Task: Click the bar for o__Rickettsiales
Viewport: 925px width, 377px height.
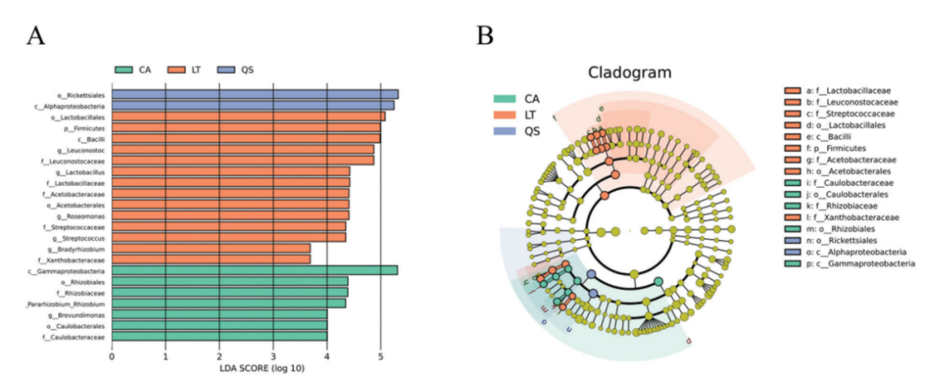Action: pos(254,94)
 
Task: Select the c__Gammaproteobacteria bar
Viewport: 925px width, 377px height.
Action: pos(254,270)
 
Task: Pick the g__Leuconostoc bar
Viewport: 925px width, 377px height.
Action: pos(242,149)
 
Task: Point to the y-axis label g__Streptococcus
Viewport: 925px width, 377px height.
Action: pos(83,237)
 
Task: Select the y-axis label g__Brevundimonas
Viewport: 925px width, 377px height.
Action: pos(81,314)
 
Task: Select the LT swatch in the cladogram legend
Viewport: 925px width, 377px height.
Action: pos(507,115)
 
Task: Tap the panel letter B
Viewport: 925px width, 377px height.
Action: pos(485,35)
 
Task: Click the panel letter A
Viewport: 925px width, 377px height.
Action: pos(36,35)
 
